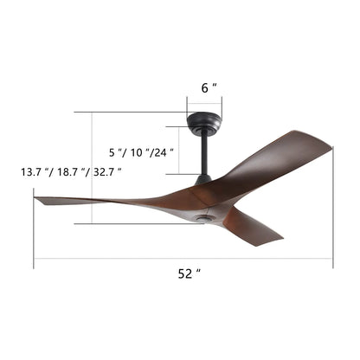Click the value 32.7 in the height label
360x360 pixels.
pyautogui.click(x=106, y=172)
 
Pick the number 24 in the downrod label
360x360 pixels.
pyautogui.click(x=162, y=151)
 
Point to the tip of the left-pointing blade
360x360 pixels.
pyautogui.click(x=36, y=199)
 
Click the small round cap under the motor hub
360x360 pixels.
pyautogui.click(x=208, y=222)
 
